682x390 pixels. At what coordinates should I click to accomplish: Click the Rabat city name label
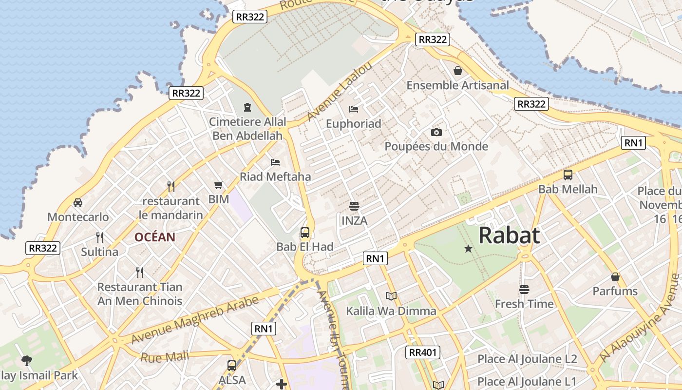pos(509,235)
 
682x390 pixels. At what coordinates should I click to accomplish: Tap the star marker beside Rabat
pos(468,249)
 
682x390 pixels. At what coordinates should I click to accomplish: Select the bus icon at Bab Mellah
pos(568,175)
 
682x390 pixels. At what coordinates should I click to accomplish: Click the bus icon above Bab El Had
pos(305,233)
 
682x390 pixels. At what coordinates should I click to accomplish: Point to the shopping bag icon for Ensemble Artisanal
pos(458,71)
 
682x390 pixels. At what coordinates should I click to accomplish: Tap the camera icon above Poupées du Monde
pos(436,132)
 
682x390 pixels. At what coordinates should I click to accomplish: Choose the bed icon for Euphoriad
pos(354,109)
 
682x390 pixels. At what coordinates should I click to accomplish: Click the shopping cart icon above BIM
pos(219,185)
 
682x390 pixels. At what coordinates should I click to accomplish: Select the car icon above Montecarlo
pos(78,202)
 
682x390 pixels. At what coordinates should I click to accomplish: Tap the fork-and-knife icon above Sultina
pos(100,237)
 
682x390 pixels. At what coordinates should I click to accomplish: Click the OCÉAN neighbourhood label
pos(155,237)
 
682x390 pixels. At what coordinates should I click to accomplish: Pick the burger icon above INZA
pos(354,206)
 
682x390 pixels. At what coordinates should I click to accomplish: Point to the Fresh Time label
pos(524,304)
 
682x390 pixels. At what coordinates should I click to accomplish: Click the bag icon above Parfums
pos(615,277)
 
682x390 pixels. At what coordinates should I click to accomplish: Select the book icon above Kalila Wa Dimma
pos(391,296)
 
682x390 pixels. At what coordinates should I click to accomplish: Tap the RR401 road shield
pos(423,352)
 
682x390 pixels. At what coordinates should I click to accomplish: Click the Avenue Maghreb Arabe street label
pos(195,320)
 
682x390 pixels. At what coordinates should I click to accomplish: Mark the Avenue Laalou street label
pos(340,91)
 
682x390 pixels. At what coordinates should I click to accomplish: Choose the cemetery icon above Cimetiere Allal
pos(247,107)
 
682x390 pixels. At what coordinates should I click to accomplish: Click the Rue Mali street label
pos(165,357)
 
